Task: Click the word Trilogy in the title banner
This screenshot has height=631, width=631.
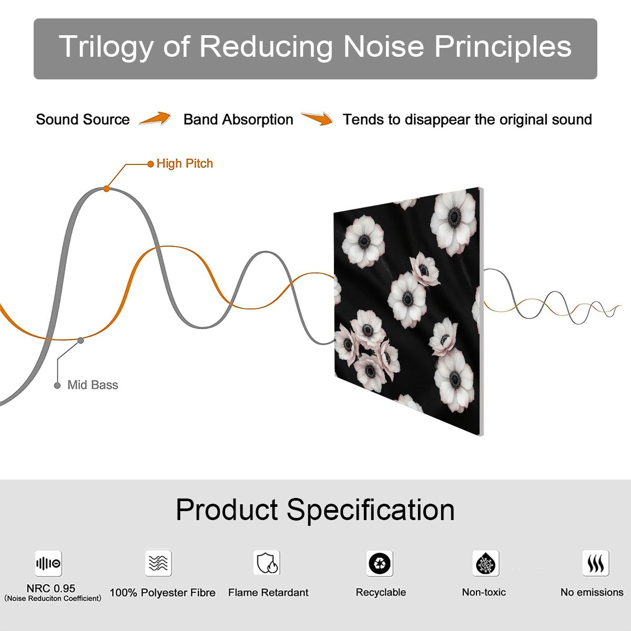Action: click(106, 47)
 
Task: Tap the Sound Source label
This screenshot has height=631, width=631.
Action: click(83, 119)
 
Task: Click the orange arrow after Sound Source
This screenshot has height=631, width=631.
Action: click(155, 118)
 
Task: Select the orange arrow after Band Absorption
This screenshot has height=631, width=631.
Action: click(317, 118)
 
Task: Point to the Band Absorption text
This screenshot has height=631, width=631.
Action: click(238, 119)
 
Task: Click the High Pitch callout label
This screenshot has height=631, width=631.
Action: click(185, 164)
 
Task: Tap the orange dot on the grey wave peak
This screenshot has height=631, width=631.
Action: click(106, 189)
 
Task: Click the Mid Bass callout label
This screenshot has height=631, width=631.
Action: click(93, 385)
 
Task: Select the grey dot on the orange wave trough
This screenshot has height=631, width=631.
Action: click(80, 341)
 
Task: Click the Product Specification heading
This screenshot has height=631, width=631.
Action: click(315, 510)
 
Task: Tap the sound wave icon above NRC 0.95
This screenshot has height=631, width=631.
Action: click(48, 563)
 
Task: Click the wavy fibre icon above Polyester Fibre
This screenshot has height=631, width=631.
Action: click(158, 563)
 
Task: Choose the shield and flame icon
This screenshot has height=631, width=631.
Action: click(267, 563)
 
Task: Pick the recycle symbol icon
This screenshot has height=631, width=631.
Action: click(380, 563)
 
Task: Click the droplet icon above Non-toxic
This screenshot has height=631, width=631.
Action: click(486, 563)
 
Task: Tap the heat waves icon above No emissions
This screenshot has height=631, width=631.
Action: click(596, 563)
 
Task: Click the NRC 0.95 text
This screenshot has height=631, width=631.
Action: click(51, 588)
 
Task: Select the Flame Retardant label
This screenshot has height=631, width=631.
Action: click(268, 593)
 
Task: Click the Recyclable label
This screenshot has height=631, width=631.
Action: click(381, 593)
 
